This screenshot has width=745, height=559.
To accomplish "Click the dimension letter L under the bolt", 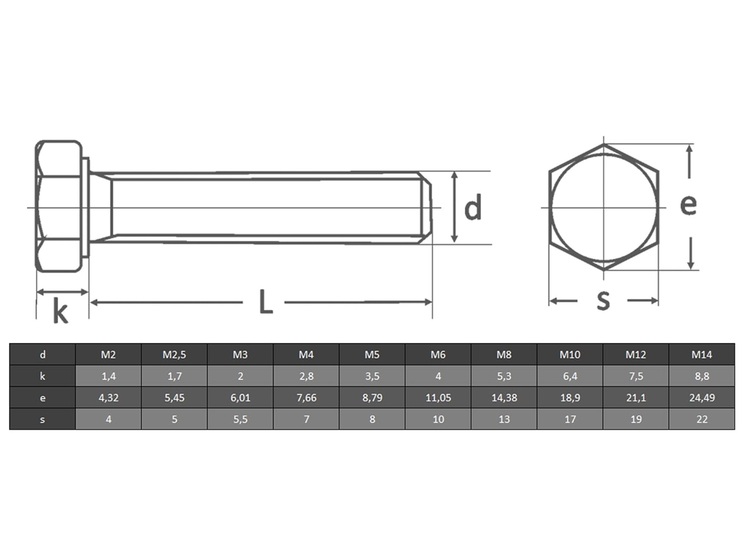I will (x=266, y=302).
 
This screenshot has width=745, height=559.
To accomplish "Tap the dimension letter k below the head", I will (x=60, y=313).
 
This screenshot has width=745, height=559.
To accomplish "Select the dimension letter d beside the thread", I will (x=473, y=208).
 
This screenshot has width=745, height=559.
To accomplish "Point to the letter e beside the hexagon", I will (x=688, y=204).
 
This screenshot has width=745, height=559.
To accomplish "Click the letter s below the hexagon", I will (x=603, y=300).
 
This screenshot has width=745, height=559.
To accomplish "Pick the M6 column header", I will (x=438, y=355).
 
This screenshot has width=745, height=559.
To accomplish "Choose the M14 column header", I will (x=701, y=355).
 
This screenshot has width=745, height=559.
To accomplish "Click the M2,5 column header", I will (x=174, y=355).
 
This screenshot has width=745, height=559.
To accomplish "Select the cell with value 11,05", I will (x=438, y=398).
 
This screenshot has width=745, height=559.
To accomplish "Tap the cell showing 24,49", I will (x=701, y=398).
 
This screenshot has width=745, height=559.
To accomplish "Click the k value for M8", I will (x=504, y=376).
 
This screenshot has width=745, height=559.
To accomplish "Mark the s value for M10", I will (x=570, y=419).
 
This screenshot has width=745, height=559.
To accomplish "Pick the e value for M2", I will (x=108, y=398).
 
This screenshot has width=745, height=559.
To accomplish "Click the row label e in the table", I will (x=42, y=398).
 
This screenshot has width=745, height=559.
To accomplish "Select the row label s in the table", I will (x=42, y=419).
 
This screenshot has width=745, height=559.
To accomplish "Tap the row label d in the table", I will (x=42, y=355).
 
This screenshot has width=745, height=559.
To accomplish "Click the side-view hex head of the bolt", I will (x=59, y=207).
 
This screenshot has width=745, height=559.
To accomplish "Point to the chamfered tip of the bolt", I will (x=426, y=208).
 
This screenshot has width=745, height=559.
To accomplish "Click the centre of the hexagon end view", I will (x=603, y=207).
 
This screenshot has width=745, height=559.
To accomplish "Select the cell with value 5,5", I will (x=240, y=419).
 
